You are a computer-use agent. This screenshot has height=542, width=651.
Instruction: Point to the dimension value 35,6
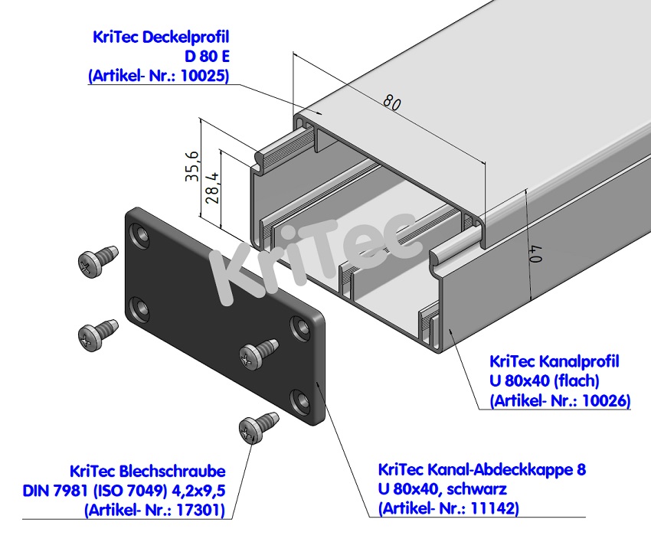pos(192,165)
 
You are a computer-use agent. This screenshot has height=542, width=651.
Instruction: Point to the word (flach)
pos(580,380)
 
